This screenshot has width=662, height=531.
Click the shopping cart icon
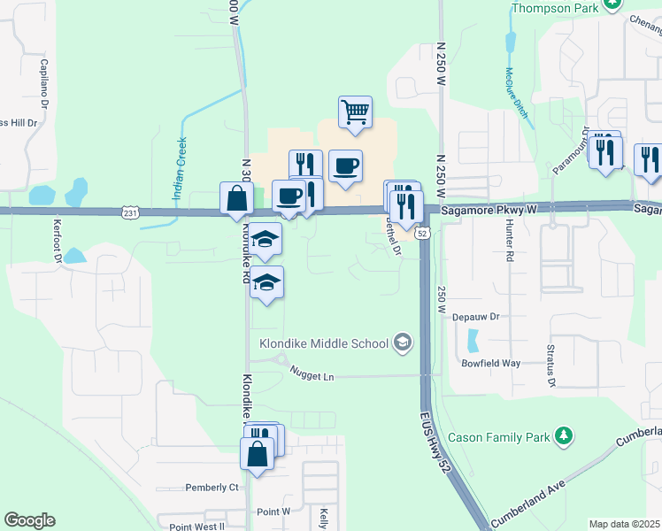pyautogui.click(x=355, y=112)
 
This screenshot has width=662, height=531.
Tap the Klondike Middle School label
pyautogui.click(x=325, y=343)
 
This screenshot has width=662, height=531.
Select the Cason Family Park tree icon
pyautogui.click(x=563, y=436)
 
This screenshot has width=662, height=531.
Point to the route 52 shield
pyautogui.click(x=422, y=233)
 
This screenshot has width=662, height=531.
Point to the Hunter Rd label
pyautogui.click(x=511, y=242)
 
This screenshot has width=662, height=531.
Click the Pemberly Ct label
pyautogui.click(x=212, y=488)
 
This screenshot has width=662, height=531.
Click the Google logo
pyautogui.click(x=29, y=520)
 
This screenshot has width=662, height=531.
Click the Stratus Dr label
pyautogui.click(x=550, y=366)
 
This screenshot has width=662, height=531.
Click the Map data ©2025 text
pyautogui.click(x=624, y=524)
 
